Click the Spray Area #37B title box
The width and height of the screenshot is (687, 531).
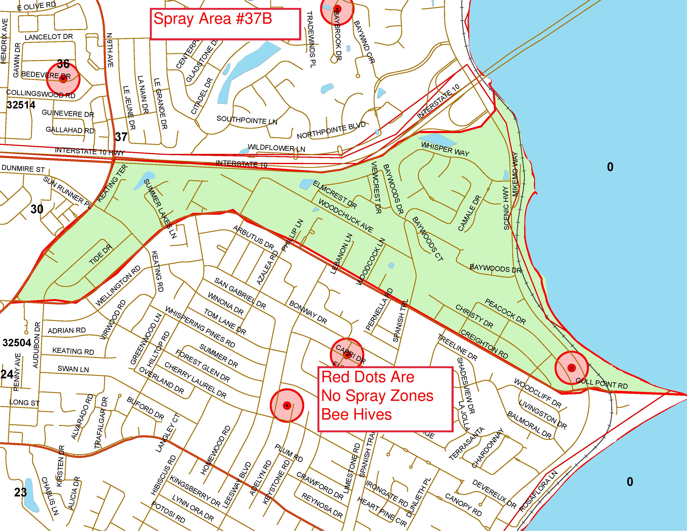click(225, 24)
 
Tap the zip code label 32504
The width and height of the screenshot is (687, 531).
click(17, 343)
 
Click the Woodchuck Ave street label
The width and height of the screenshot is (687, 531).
click(346, 216)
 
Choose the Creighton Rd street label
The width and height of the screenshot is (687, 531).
click(484, 344)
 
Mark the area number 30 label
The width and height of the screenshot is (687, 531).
click(37, 209)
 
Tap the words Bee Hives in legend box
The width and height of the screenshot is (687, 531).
click(357, 414)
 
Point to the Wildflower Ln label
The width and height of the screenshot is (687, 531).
click(276, 148)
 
